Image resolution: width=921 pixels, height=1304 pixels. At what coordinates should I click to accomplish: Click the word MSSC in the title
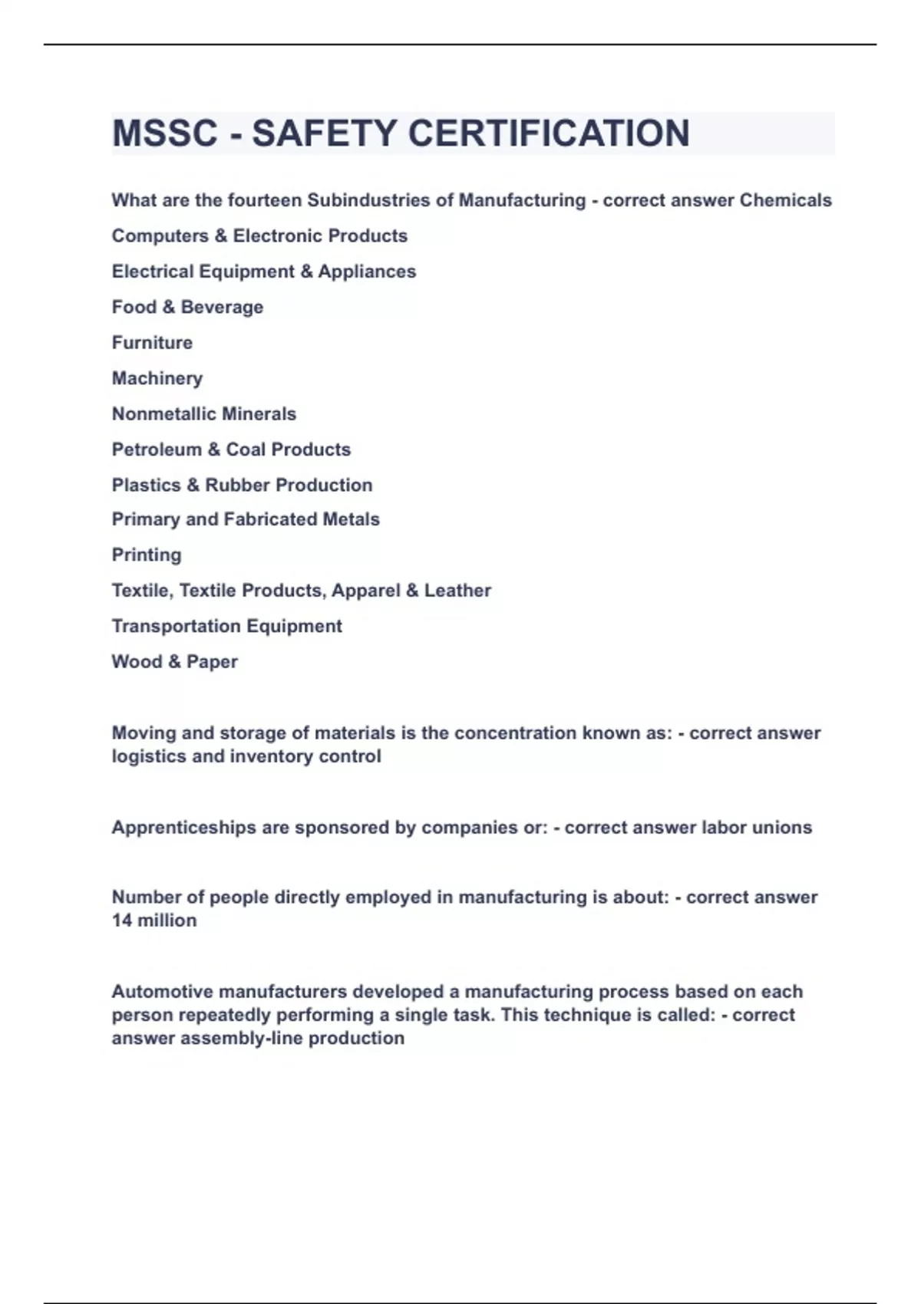click(165, 133)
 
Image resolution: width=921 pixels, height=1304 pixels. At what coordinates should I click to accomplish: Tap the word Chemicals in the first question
click(785, 200)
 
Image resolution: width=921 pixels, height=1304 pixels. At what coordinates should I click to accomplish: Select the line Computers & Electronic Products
click(259, 235)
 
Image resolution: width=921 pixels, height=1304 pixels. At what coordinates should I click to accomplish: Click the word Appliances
click(367, 272)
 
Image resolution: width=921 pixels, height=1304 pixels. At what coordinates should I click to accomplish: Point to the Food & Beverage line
click(187, 307)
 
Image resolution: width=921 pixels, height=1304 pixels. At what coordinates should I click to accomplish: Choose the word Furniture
click(152, 342)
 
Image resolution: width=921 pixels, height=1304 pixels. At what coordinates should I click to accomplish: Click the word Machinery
click(157, 378)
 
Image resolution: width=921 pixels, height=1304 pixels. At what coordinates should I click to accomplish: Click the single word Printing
click(147, 555)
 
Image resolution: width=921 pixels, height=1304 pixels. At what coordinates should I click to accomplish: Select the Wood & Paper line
click(174, 661)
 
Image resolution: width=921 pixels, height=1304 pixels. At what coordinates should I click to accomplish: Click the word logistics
click(149, 756)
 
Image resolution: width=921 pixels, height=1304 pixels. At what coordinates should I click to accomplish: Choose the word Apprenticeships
click(185, 828)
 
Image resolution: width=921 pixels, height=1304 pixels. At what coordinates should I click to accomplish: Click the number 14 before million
click(122, 920)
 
